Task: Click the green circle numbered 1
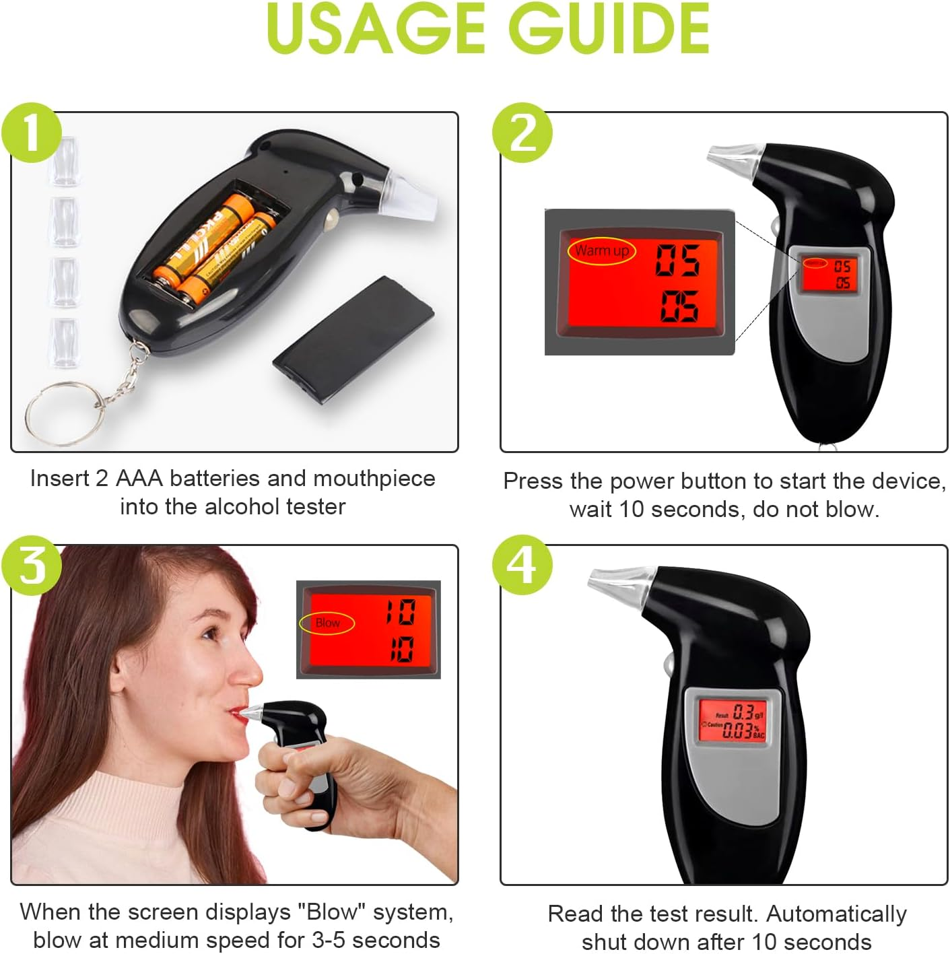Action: (x=32, y=133)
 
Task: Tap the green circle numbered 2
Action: (x=522, y=133)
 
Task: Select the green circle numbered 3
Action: (x=32, y=565)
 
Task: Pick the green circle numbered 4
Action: (x=522, y=565)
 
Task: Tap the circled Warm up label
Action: (x=601, y=251)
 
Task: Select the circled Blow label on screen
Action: (x=327, y=623)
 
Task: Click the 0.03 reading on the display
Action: (x=737, y=730)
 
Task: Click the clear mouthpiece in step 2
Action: (x=734, y=157)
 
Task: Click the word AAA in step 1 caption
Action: (x=139, y=479)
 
